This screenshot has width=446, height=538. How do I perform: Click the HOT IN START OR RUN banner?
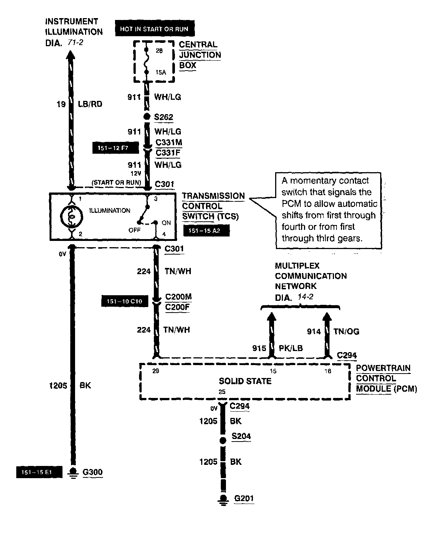pos(154,29)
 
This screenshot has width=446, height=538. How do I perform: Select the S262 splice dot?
pos(147,117)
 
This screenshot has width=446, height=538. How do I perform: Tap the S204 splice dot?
pos(223,440)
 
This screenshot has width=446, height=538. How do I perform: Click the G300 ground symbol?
pos(73,472)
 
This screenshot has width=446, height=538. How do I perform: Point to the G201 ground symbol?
pos(223,499)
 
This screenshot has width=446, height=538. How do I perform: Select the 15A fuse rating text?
pos(161,72)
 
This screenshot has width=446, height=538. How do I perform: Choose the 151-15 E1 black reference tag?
pos(38,473)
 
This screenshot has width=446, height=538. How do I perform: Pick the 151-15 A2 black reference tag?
pos(206,231)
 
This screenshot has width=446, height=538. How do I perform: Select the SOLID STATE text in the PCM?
pos(245,381)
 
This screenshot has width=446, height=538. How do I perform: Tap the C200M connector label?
pos(178,297)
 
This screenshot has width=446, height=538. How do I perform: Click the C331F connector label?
pos(169,153)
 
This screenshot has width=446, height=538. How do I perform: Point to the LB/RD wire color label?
pos(90,104)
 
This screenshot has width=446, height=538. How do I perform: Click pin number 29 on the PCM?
pos(156,371)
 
